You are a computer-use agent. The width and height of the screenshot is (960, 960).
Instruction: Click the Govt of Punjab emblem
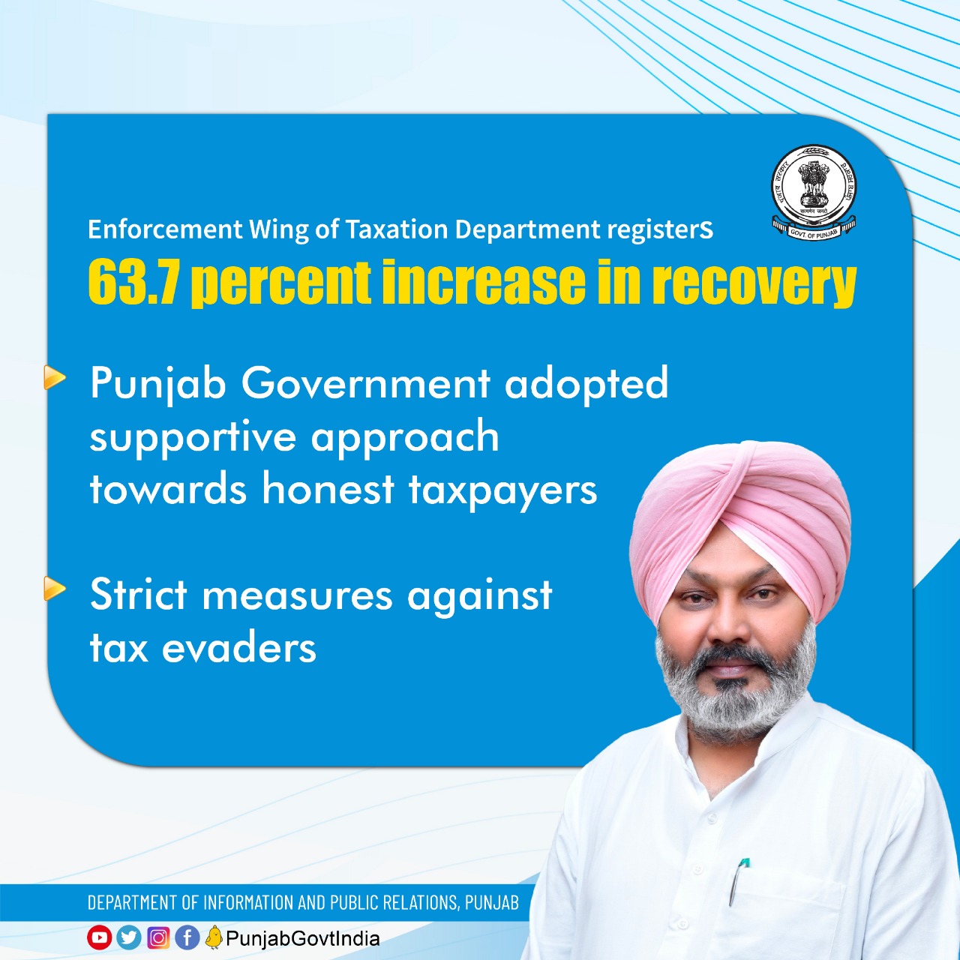click(x=814, y=193)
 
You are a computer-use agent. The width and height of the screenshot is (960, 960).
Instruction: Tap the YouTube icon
click(x=99, y=937)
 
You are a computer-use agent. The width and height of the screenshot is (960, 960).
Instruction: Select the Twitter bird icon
click(x=128, y=937)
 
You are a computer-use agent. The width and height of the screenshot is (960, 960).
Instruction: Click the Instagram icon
click(x=158, y=937)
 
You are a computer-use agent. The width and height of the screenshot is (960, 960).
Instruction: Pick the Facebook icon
click(x=187, y=937)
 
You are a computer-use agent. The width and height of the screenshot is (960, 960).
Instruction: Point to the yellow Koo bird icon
click(x=214, y=937)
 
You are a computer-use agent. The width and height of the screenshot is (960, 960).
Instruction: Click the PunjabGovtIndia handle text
click(x=303, y=938)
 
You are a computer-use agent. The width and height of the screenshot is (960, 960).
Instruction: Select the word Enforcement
click(x=165, y=229)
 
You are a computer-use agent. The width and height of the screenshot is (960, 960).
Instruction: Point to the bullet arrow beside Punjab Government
click(x=54, y=377)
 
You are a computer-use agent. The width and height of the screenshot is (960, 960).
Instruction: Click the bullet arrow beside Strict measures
click(x=54, y=588)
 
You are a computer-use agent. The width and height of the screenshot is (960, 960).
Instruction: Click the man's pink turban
click(x=739, y=518)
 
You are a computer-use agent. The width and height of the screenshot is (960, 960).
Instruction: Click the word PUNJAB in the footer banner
click(x=492, y=902)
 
